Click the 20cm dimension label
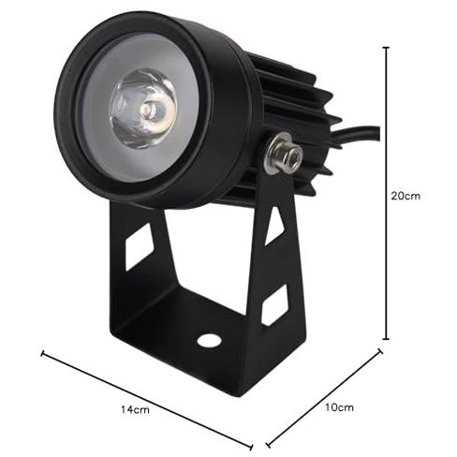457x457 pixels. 405,196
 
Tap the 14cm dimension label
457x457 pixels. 135,409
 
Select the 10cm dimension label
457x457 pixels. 339,407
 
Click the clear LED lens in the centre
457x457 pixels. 142,108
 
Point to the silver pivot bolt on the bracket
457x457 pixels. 283,153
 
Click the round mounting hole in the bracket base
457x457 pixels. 209,340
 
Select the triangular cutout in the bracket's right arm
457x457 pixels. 273,226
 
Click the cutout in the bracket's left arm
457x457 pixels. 139,246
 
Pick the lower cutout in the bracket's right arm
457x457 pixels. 274,305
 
